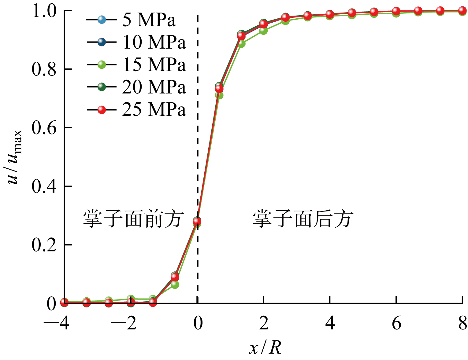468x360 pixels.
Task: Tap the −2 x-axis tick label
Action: tap(124, 323)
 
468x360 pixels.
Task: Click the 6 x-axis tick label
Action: tap(396, 323)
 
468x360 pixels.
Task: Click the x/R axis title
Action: tap(265, 347)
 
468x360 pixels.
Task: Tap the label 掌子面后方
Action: tap(303, 219)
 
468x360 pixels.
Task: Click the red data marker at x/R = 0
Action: tap(197, 221)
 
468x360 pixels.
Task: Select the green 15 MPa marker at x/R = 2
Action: tap(263, 31)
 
